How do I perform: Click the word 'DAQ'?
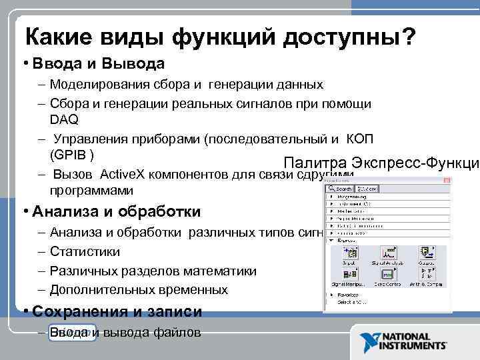[x=64, y=119]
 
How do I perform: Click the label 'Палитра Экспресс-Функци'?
[x=381, y=163]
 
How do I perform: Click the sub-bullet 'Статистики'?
[x=85, y=252]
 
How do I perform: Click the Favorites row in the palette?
[x=349, y=294]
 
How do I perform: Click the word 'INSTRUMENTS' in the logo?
[x=413, y=347]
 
